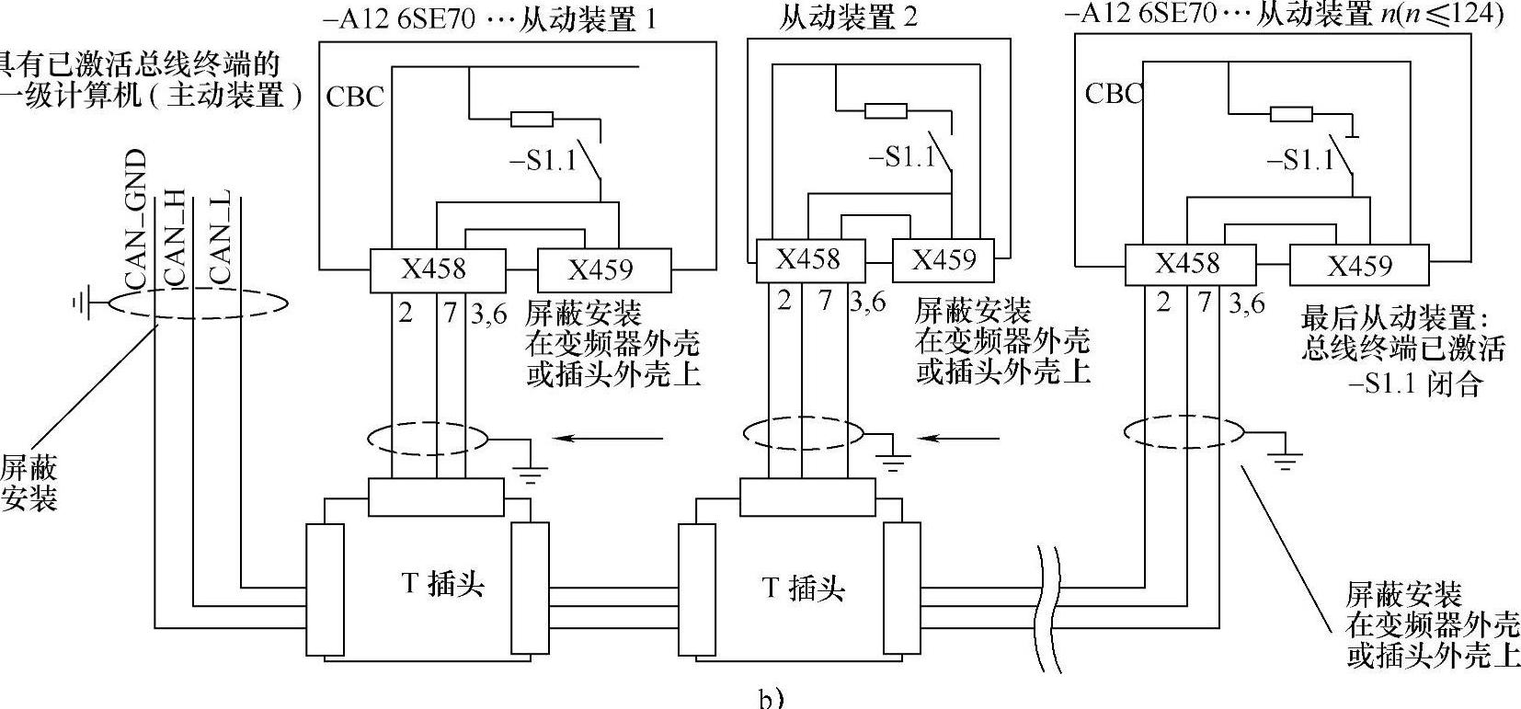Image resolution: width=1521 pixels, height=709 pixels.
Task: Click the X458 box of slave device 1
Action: (437, 269)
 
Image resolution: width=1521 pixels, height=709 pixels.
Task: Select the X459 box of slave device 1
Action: (602, 269)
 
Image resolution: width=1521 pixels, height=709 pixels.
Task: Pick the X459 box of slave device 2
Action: (943, 260)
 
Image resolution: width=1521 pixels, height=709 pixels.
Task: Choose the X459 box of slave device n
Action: (1359, 266)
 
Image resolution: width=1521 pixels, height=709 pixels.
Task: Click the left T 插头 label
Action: (443, 585)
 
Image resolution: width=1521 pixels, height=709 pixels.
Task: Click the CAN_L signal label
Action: (221, 236)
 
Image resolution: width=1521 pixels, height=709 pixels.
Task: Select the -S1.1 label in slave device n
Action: (1299, 160)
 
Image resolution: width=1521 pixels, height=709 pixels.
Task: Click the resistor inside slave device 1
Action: (532, 119)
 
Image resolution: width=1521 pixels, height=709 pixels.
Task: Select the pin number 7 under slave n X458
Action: (1205, 302)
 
